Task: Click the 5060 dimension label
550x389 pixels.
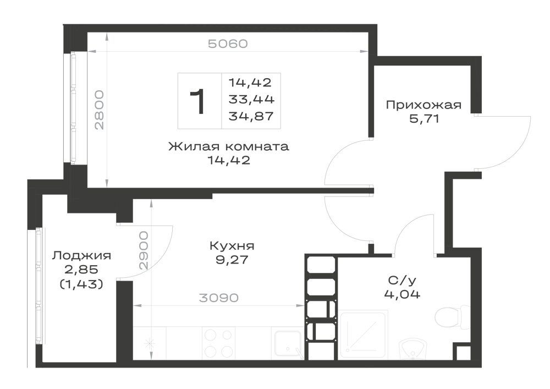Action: coord(228,44)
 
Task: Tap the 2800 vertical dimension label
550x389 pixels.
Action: coord(99,110)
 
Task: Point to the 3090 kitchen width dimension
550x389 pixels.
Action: coord(219,298)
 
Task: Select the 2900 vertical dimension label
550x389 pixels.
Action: coord(144,250)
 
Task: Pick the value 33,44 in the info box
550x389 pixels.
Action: coord(251,99)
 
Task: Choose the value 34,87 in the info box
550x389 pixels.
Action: coord(251,116)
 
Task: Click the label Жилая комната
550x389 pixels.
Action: coord(229,146)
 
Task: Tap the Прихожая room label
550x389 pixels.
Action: coord(424,105)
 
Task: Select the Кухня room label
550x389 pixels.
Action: coord(232,246)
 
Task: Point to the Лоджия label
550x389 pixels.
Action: coord(82,256)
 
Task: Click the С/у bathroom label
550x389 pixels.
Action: coord(402,280)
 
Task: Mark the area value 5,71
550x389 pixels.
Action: coord(424,119)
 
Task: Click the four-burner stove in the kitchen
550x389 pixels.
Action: coord(218,343)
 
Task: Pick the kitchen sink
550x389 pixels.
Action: coord(289,344)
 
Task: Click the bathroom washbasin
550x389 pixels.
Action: coord(413,348)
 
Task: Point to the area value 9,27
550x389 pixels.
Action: coord(232,260)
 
